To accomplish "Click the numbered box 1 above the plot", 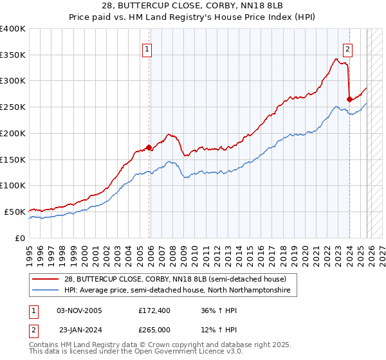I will click(147, 48).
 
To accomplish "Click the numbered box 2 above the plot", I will click(347, 48).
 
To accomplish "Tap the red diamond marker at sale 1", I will click(149, 147).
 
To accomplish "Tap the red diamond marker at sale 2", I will click(349, 99).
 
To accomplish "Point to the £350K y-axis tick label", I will click(13, 55).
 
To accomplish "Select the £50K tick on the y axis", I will click(15, 212).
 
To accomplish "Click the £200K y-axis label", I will click(13, 134).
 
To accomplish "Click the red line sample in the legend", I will click(46, 279).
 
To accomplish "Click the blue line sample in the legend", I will click(46, 291).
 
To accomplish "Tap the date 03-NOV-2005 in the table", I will click(79, 310).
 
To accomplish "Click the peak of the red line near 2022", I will click(336, 59).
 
